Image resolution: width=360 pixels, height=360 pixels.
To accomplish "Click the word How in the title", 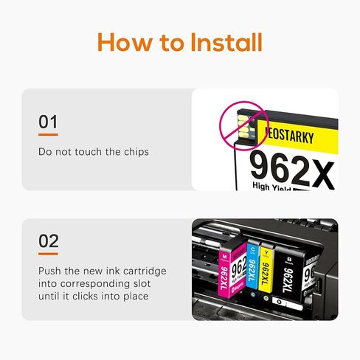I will point(122,42).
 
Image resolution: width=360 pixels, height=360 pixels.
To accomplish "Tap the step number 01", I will point(48,122).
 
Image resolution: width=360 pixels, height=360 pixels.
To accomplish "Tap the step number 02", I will point(48,241).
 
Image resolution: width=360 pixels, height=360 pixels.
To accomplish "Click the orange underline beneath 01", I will point(48,134).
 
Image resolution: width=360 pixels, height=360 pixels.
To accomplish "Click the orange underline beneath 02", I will point(48,254).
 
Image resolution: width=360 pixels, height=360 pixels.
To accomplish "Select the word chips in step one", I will point(134,152).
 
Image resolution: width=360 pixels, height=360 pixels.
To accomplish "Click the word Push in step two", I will point(50,271).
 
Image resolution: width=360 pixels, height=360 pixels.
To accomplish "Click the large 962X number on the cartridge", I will point(291,169).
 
